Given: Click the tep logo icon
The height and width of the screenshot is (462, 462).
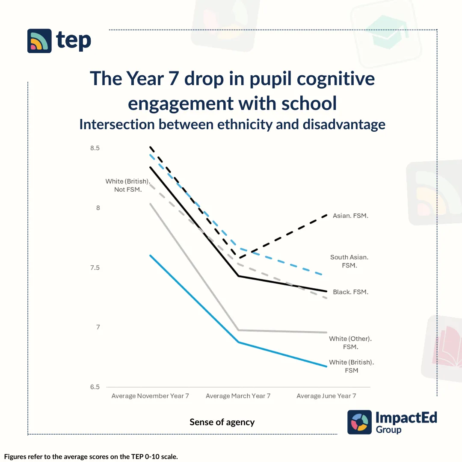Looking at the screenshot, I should coord(39,41).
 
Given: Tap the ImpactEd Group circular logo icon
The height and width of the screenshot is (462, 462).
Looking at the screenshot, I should coord(359,422).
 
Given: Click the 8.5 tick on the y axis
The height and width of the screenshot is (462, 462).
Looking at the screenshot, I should coord(95,148).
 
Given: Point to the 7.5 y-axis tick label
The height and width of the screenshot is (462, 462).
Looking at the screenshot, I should coord(95,268).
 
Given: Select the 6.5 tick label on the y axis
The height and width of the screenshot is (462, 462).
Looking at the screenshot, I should coord(95,387).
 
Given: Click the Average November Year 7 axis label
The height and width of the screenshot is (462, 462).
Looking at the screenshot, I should coord(150,396).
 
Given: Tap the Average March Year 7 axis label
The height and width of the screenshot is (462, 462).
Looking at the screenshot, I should coord(238,396).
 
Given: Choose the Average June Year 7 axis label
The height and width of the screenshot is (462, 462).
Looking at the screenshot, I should coord(326,396).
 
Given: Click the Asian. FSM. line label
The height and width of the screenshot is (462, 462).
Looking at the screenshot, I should coord(350,216).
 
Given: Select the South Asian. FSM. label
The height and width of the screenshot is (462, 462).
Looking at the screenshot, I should coord(349,261).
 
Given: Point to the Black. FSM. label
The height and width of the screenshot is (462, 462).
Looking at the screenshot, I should coord(350,292).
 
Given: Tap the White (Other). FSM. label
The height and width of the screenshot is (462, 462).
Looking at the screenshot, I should coord(350,343).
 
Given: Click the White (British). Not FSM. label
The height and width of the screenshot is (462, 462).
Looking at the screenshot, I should coord(128,185).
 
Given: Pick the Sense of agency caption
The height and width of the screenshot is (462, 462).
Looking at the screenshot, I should coord(222,422).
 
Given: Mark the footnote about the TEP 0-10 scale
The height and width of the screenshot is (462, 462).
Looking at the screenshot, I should coord(91,456).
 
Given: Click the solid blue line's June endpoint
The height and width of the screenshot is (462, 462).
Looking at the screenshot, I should coord(327,367).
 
